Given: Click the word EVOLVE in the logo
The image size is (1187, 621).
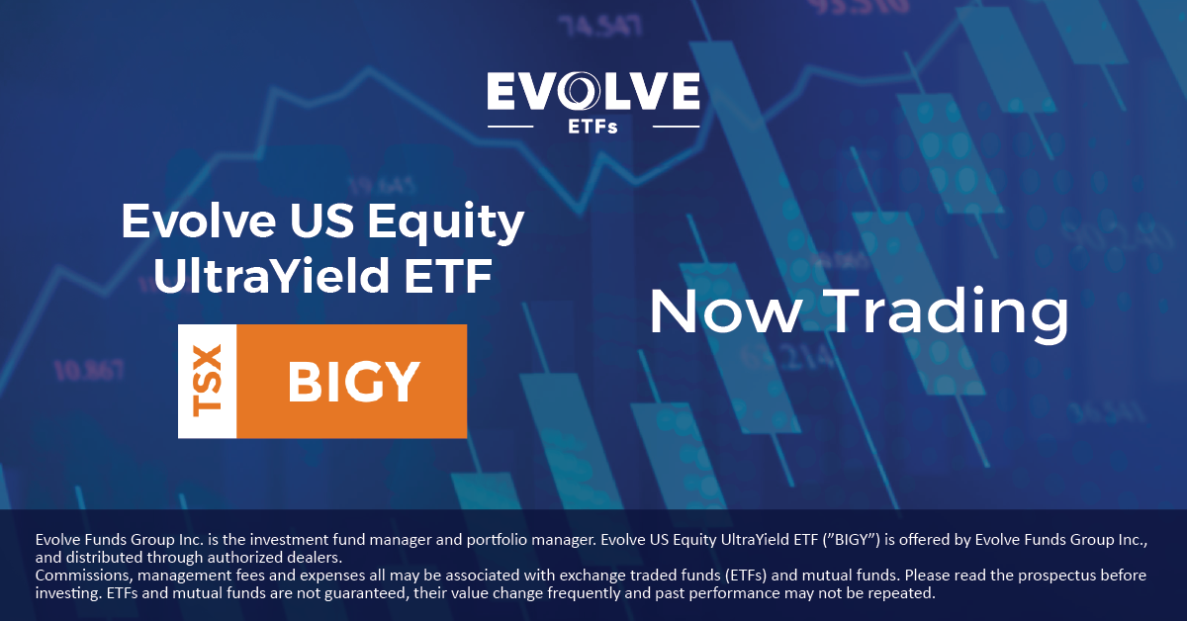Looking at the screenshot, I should (x=593, y=92).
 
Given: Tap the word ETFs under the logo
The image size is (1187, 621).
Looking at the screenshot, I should (x=593, y=127).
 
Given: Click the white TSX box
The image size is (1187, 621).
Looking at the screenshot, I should (x=207, y=381).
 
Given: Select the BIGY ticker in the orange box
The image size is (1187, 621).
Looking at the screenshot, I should (x=352, y=382).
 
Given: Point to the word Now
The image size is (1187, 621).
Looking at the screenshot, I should (x=724, y=311).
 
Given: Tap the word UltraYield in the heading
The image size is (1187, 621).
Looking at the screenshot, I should (x=261, y=278).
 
